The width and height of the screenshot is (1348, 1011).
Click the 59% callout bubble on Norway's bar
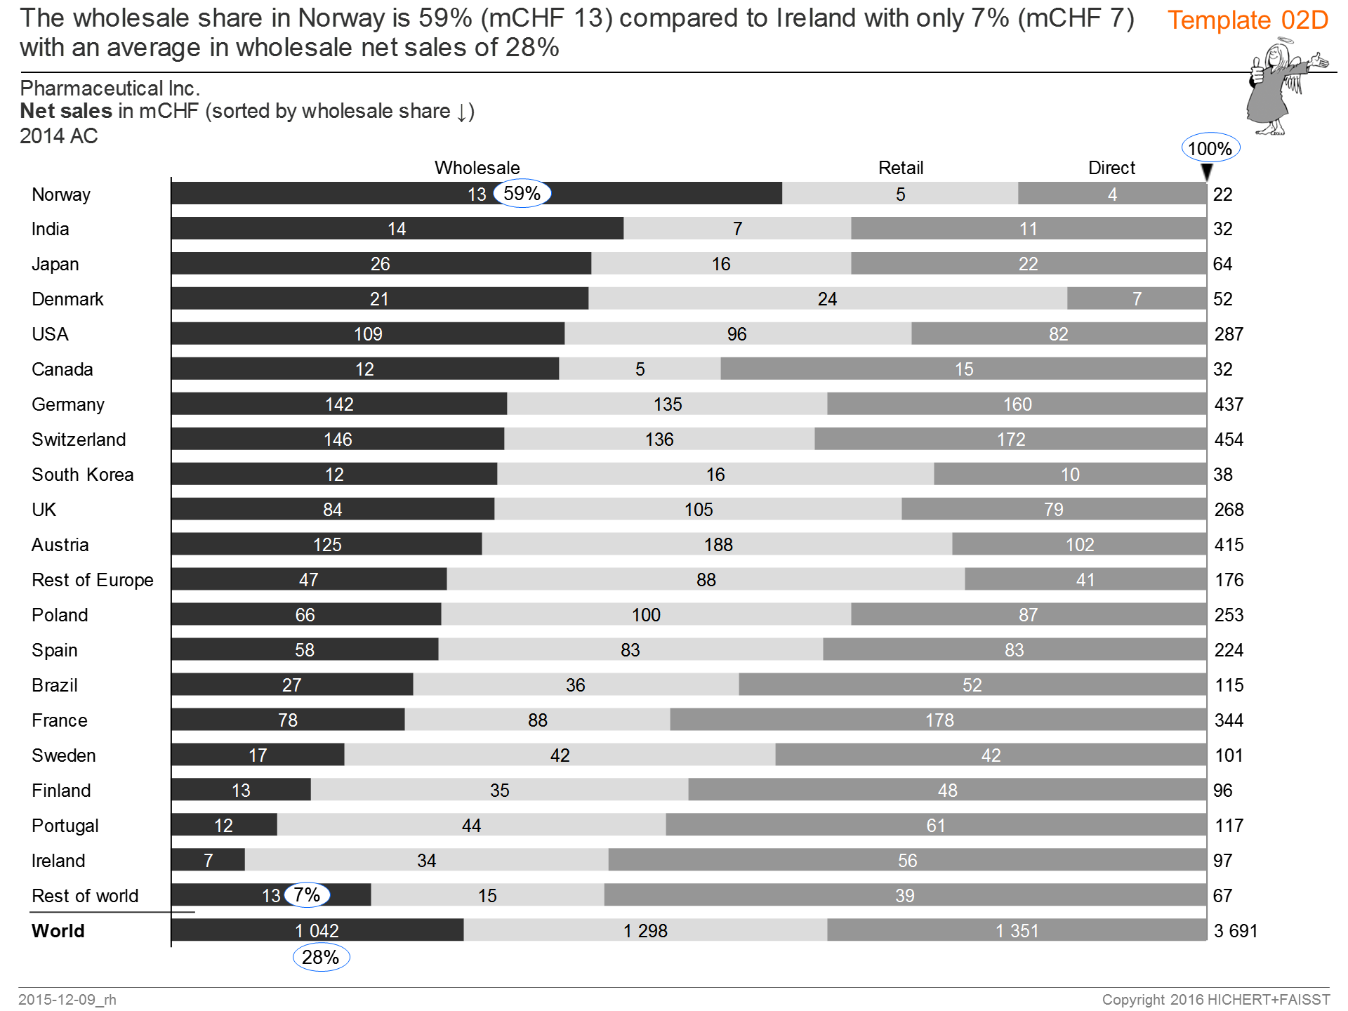pyautogui.click(x=522, y=193)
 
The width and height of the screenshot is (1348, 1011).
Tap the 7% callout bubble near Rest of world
pyautogui.click(x=307, y=894)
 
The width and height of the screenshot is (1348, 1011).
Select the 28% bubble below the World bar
pyautogui.click(x=321, y=957)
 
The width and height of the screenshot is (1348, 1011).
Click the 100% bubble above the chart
pyautogui.click(x=1210, y=148)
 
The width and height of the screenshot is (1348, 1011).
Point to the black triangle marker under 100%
pyautogui.click(x=1206, y=171)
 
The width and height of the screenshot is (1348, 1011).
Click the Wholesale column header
pyautogui.click(x=477, y=168)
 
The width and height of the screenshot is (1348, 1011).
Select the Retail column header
pyautogui.click(x=901, y=168)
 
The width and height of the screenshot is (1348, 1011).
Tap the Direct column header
pyautogui.click(x=1111, y=168)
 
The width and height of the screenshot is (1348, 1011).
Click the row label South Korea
pyautogui.click(x=82, y=475)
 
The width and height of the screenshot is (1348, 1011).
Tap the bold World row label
pyautogui.click(x=58, y=931)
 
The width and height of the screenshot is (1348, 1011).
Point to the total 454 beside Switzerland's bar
pyautogui.click(x=1229, y=440)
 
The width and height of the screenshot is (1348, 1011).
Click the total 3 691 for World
pyautogui.click(x=1236, y=931)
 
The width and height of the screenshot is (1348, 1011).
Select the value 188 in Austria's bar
pyautogui.click(x=718, y=545)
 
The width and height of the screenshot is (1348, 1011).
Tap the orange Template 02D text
pyautogui.click(x=1248, y=20)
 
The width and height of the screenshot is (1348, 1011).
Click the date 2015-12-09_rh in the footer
pyautogui.click(x=67, y=999)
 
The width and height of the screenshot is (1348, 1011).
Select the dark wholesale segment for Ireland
pyautogui.click(x=208, y=860)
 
